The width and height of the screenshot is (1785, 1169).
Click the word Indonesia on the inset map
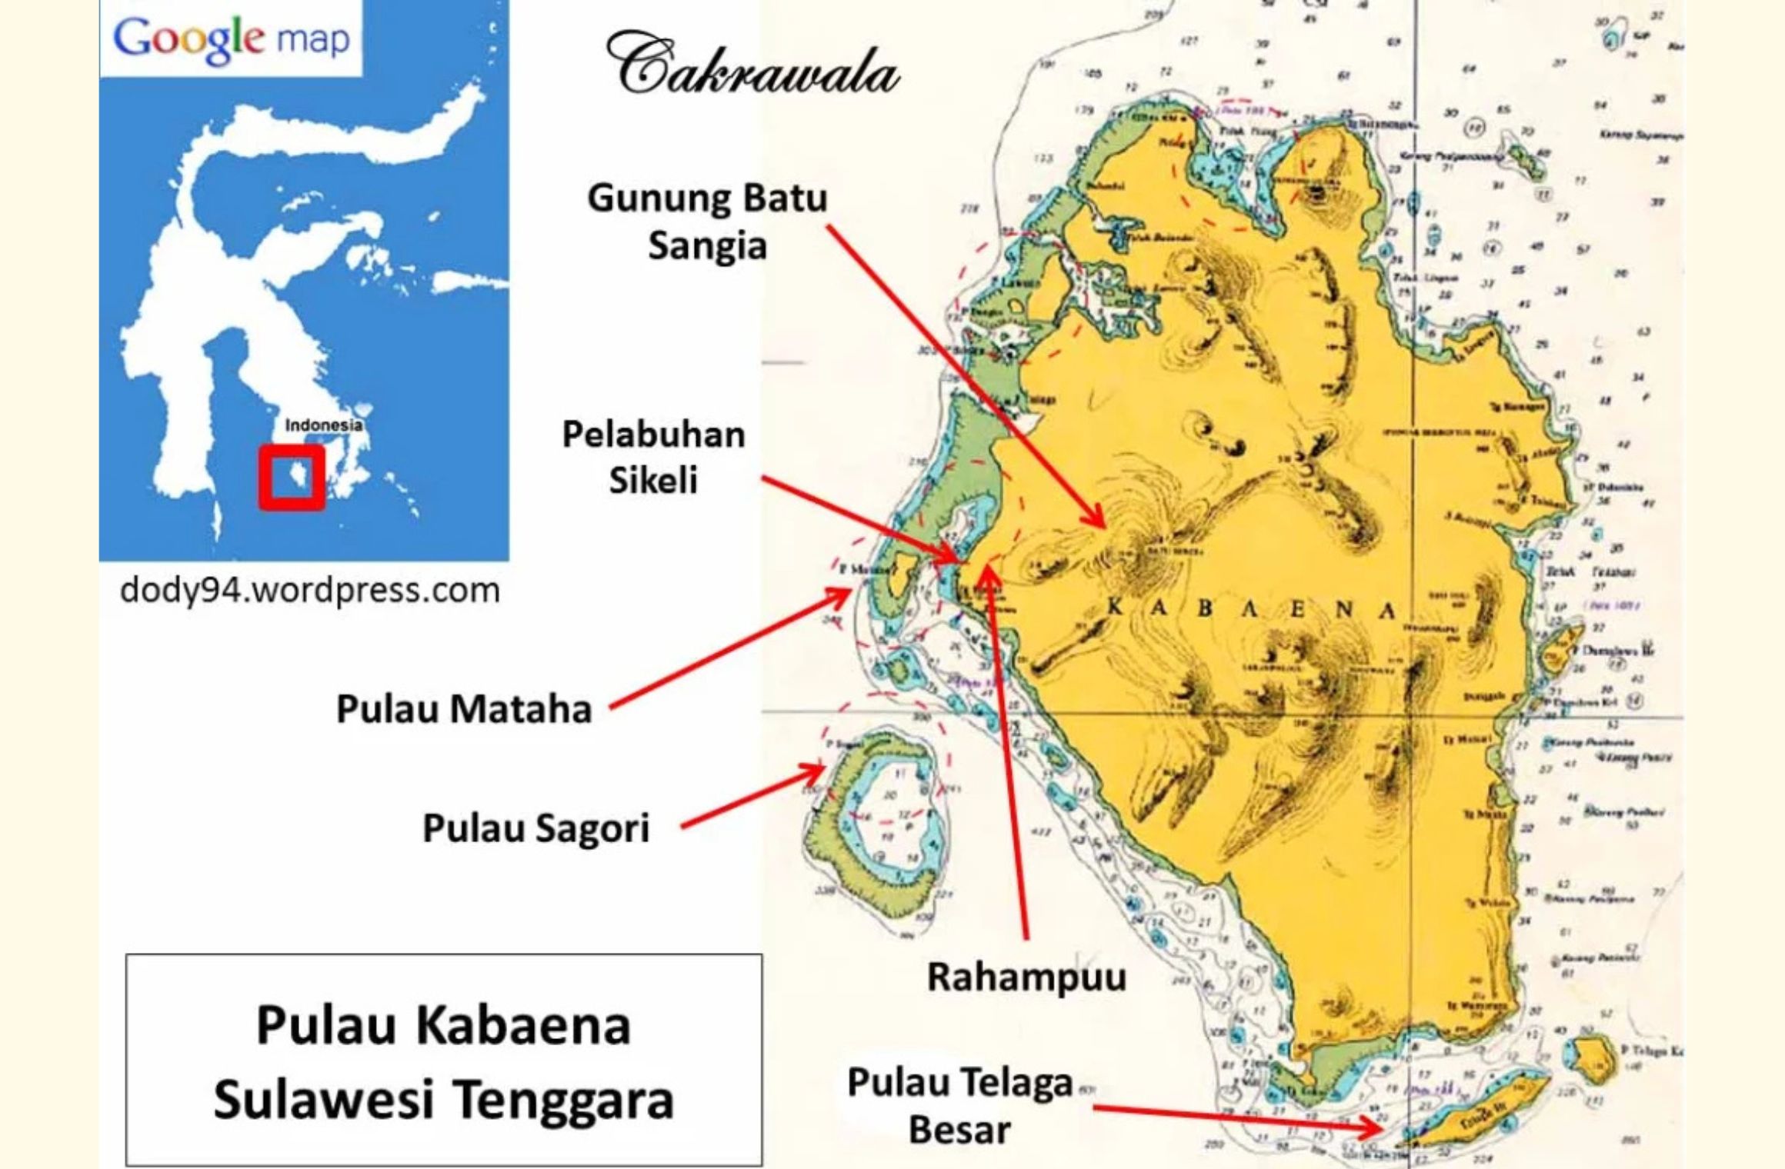pyautogui.click(x=323, y=425)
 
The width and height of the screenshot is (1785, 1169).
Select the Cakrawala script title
pyautogui.click(x=752, y=73)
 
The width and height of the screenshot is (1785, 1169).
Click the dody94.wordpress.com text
pyautogui.click(x=310, y=591)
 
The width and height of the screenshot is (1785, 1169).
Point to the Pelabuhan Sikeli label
pyautogui.click(x=654, y=457)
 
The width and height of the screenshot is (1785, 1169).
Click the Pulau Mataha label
pyautogui.click(x=464, y=709)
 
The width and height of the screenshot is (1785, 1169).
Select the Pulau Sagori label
pyautogui.click(x=536, y=828)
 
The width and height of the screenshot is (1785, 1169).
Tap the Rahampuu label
pyautogui.click(x=1026, y=977)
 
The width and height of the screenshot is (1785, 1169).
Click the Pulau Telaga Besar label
pyautogui.click(x=959, y=1106)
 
